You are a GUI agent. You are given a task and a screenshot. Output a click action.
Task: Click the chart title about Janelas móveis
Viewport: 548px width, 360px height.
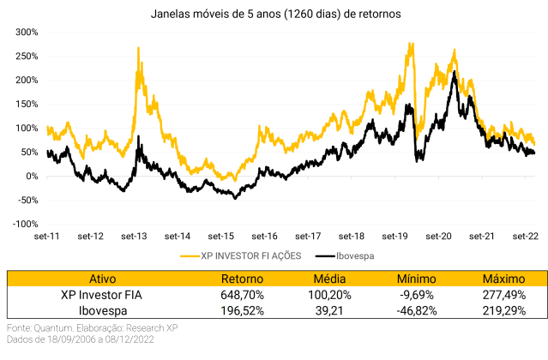click(275, 15)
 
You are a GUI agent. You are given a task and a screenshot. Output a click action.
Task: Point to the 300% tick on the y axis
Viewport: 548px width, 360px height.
click(25, 33)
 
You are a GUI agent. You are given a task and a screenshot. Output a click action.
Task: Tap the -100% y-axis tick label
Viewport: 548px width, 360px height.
click(23, 225)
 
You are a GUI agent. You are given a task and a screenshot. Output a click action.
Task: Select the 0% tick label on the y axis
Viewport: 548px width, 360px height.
click(31, 177)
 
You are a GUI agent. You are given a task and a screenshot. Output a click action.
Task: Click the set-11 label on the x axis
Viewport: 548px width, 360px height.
click(47, 236)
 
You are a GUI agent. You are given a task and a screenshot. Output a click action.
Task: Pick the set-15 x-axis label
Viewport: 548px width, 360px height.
click(221, 236)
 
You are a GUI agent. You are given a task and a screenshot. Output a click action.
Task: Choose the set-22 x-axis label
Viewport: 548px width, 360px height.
click(526, 236)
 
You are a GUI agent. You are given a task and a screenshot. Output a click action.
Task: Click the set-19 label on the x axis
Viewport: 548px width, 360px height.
click(395, 236)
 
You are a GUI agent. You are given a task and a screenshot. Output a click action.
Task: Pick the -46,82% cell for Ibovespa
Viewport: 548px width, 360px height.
click(417, 310)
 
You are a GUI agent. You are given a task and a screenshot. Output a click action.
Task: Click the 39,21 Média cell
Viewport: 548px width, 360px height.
click(328, 310)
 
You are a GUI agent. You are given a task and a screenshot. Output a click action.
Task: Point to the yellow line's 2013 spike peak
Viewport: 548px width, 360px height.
click(138, 49)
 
